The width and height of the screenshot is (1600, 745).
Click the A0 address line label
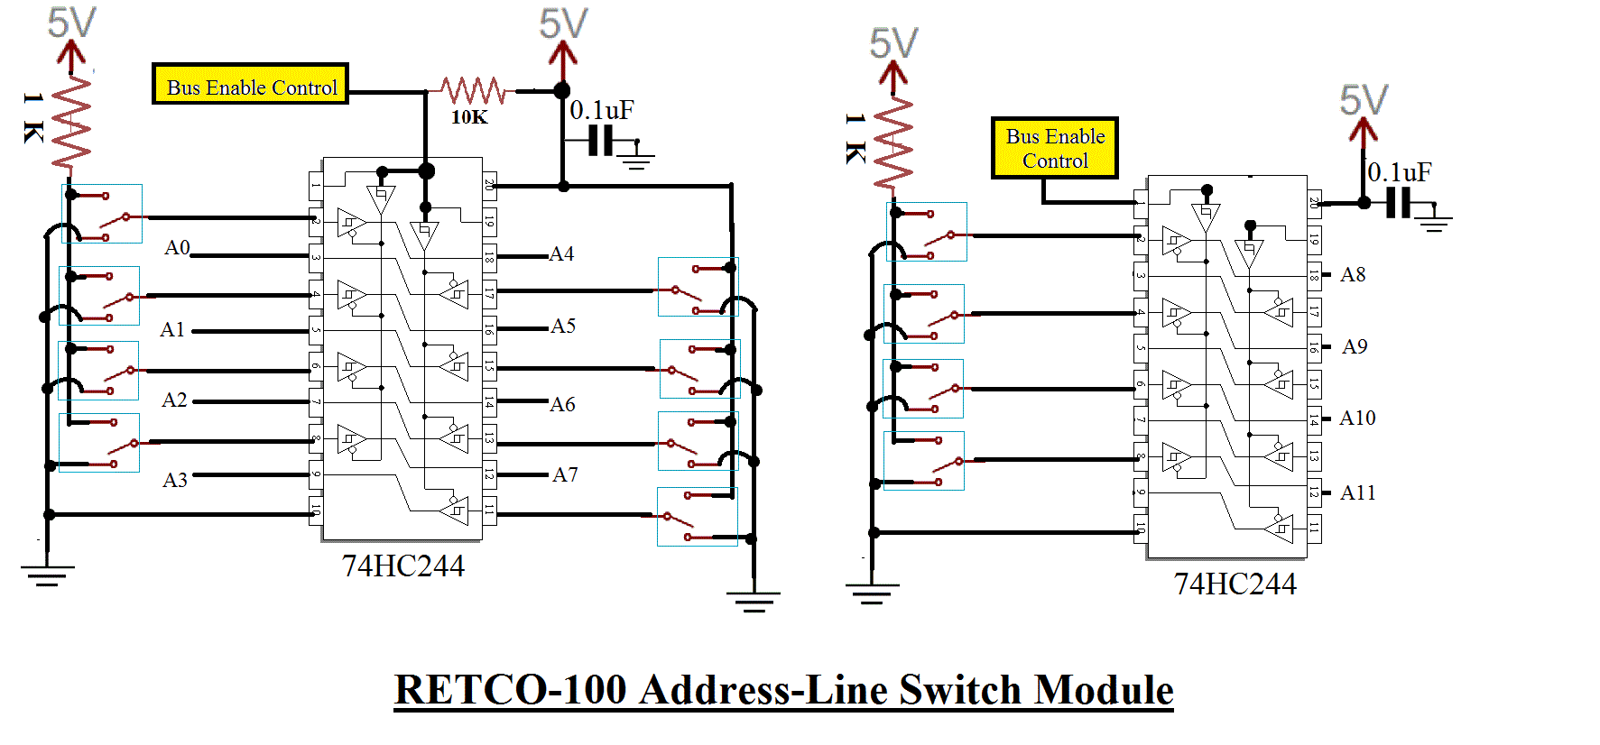(177, 248)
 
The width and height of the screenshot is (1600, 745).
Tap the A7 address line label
(565, 474)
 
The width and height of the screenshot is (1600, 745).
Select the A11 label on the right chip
(1357, 492)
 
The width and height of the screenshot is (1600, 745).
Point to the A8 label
(1353, 275)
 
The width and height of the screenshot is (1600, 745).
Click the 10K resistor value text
(469, 117)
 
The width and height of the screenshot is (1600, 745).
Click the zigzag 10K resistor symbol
(473, 90)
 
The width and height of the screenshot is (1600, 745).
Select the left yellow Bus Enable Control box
(251, 85)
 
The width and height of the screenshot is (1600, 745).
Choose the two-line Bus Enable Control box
(1055, 148)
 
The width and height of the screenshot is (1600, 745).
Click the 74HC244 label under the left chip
(402, 566)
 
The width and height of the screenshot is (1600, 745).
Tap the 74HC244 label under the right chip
(1235, 584)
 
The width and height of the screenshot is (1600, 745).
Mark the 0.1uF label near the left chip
(601, 111)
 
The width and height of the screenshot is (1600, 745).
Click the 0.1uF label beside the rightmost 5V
(1400, 172)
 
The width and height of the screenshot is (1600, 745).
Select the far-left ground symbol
(47, 575)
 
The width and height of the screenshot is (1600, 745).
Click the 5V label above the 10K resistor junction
(563, 23)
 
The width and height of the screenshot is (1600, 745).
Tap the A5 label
(563, 327)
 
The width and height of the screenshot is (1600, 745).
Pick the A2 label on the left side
(174, 400)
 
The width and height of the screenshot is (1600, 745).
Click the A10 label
(1357, 418)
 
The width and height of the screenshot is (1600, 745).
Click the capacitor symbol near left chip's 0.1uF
(601, 142)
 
